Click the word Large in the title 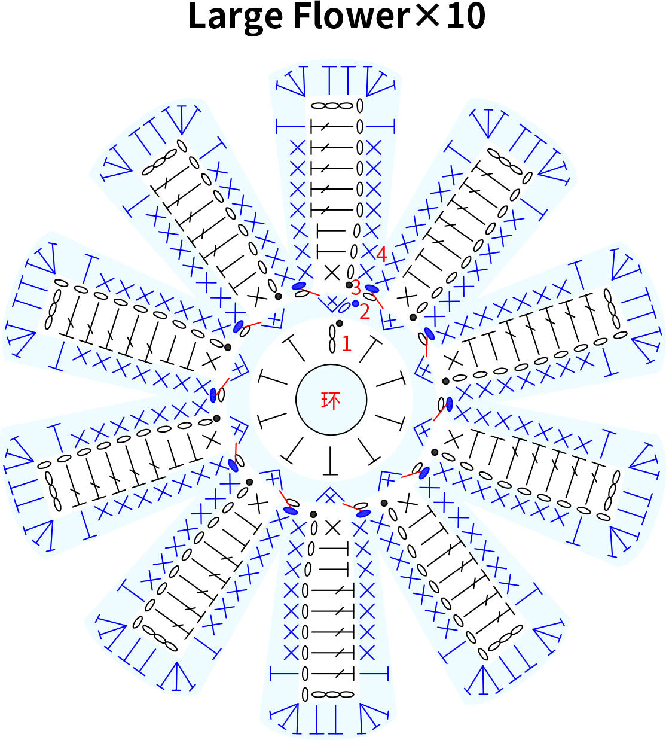[235, 17]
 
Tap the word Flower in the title [352, 16]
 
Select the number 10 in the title [466, 17]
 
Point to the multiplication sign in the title [428, 17]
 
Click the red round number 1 [346, 344]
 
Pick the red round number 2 [364, 311]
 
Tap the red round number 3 [356, 287]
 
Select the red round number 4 [381, 254]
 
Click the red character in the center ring [331, 400]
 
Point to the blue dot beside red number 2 [355, 303]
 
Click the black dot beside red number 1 [339, 323]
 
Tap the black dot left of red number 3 [349, 285]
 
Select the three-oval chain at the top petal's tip [332, 106]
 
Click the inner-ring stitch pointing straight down [330, 461]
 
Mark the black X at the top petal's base [332, 273]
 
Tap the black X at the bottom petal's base [332, 529]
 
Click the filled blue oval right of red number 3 [372, 288]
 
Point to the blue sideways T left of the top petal [291, 127]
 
